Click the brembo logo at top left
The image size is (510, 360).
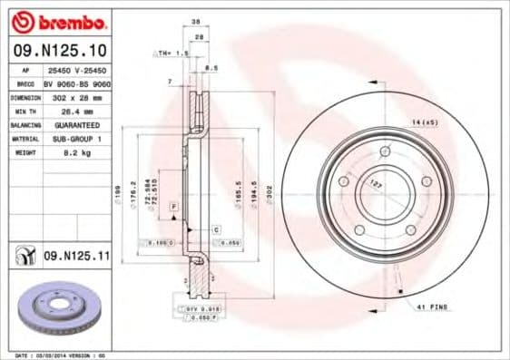[x=60, y=21]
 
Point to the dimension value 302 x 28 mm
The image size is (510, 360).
[x=74, y=95]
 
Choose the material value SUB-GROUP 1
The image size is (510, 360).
[x=74, y=139]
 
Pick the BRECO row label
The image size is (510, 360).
[x=25, y=82]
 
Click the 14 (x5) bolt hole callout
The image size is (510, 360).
[x=423, y=121]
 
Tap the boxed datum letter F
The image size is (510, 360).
[x=173, y=208]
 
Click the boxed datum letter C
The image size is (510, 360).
[x=217, y=230]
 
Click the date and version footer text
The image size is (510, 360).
[x=62, y=355]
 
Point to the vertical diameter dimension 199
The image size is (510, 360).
[x=118, y=192]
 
